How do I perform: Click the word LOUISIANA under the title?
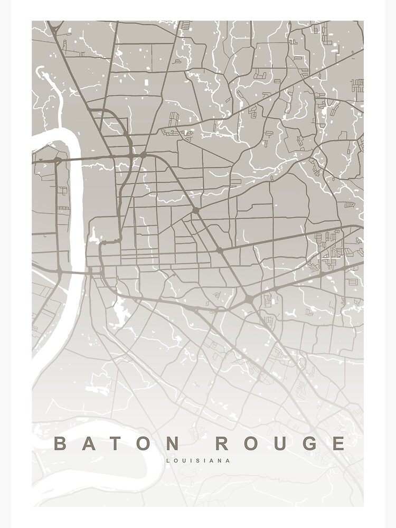click(198, 460)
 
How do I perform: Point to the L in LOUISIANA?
click(168, 460)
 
